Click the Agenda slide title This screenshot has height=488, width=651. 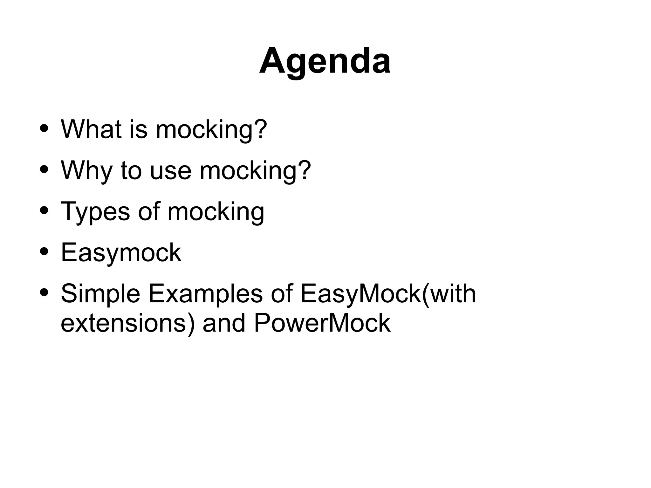(325, 61)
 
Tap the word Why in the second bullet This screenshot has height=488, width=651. (86, 171)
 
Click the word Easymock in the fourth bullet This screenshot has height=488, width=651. (121, 252)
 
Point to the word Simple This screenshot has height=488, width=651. (100, 294)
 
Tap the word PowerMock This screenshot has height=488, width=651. (322, 323)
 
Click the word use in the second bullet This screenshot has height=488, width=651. (170, 171)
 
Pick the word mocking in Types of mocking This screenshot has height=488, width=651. (216, 212)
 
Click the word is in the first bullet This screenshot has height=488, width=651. (139, 129)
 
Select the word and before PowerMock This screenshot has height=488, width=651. (224, 323)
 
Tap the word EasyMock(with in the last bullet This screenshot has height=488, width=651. (388, 294)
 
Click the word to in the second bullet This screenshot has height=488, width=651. (131, 171)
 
